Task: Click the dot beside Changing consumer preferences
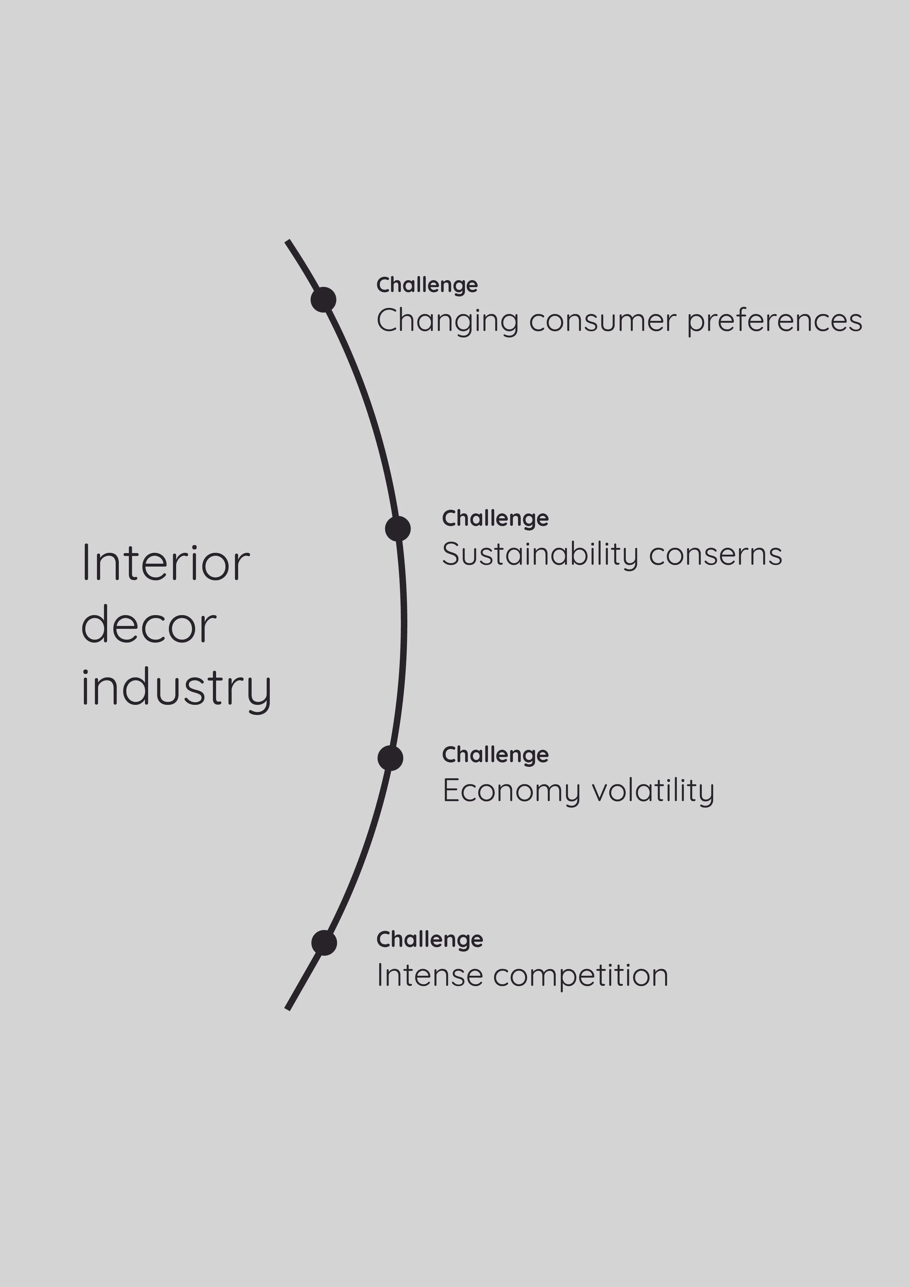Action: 323,299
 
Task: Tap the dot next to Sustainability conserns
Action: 398,529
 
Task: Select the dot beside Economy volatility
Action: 390,758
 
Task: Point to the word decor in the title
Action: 149,625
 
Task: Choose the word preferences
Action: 774,321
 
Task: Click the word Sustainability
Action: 539,555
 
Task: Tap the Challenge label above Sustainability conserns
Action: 495,518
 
